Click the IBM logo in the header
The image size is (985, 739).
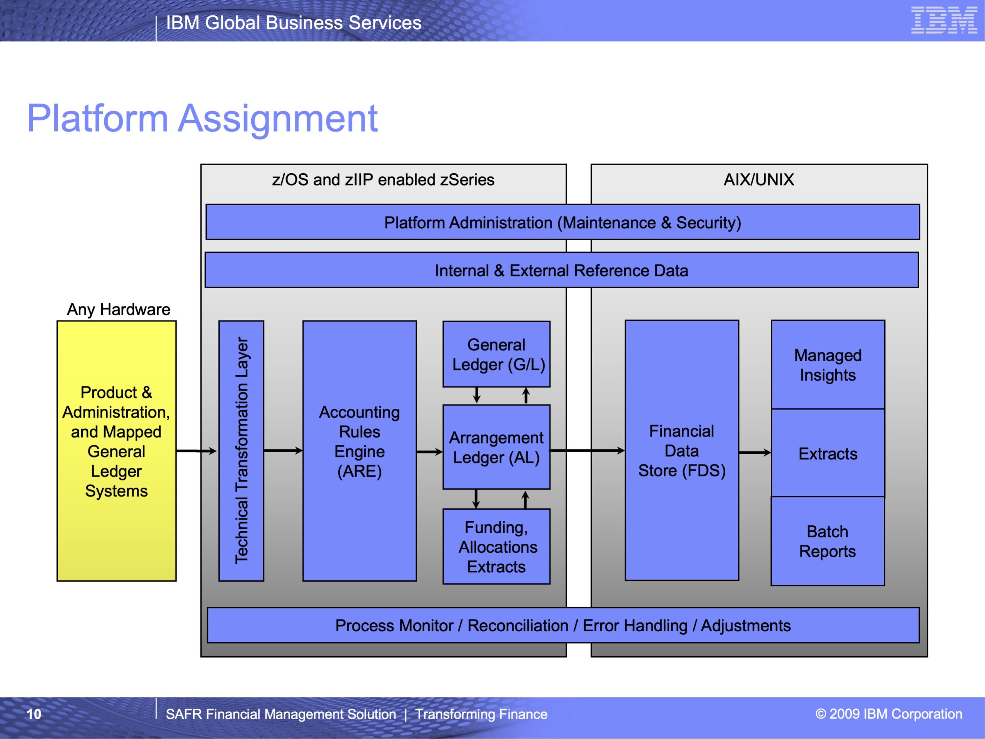coord(944,20)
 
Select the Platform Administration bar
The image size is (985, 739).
coord(563,222)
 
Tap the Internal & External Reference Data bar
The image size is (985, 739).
coord(561,270)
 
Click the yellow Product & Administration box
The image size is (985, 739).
coord(117,451)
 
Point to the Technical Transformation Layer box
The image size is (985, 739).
coord(241,451)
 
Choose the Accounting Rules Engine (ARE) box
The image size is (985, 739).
coord(360,451)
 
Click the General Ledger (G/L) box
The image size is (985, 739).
coord(496,354)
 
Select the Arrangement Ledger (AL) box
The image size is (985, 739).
coord(496,447)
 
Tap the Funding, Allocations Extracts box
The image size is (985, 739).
coord(496,547)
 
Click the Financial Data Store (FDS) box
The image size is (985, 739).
coord(682,450)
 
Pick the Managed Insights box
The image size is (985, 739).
coord(828,365)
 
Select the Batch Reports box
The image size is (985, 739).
coord(828,541)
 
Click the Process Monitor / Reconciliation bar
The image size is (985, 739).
coord(563,625)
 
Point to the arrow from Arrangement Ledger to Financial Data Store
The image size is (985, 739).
coord(588,451)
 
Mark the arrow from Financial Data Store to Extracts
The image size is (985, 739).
coord(755,453)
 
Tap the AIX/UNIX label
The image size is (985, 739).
coord(759,179)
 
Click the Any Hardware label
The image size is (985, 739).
coord(119,309)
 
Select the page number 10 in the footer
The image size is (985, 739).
coord(34,714)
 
